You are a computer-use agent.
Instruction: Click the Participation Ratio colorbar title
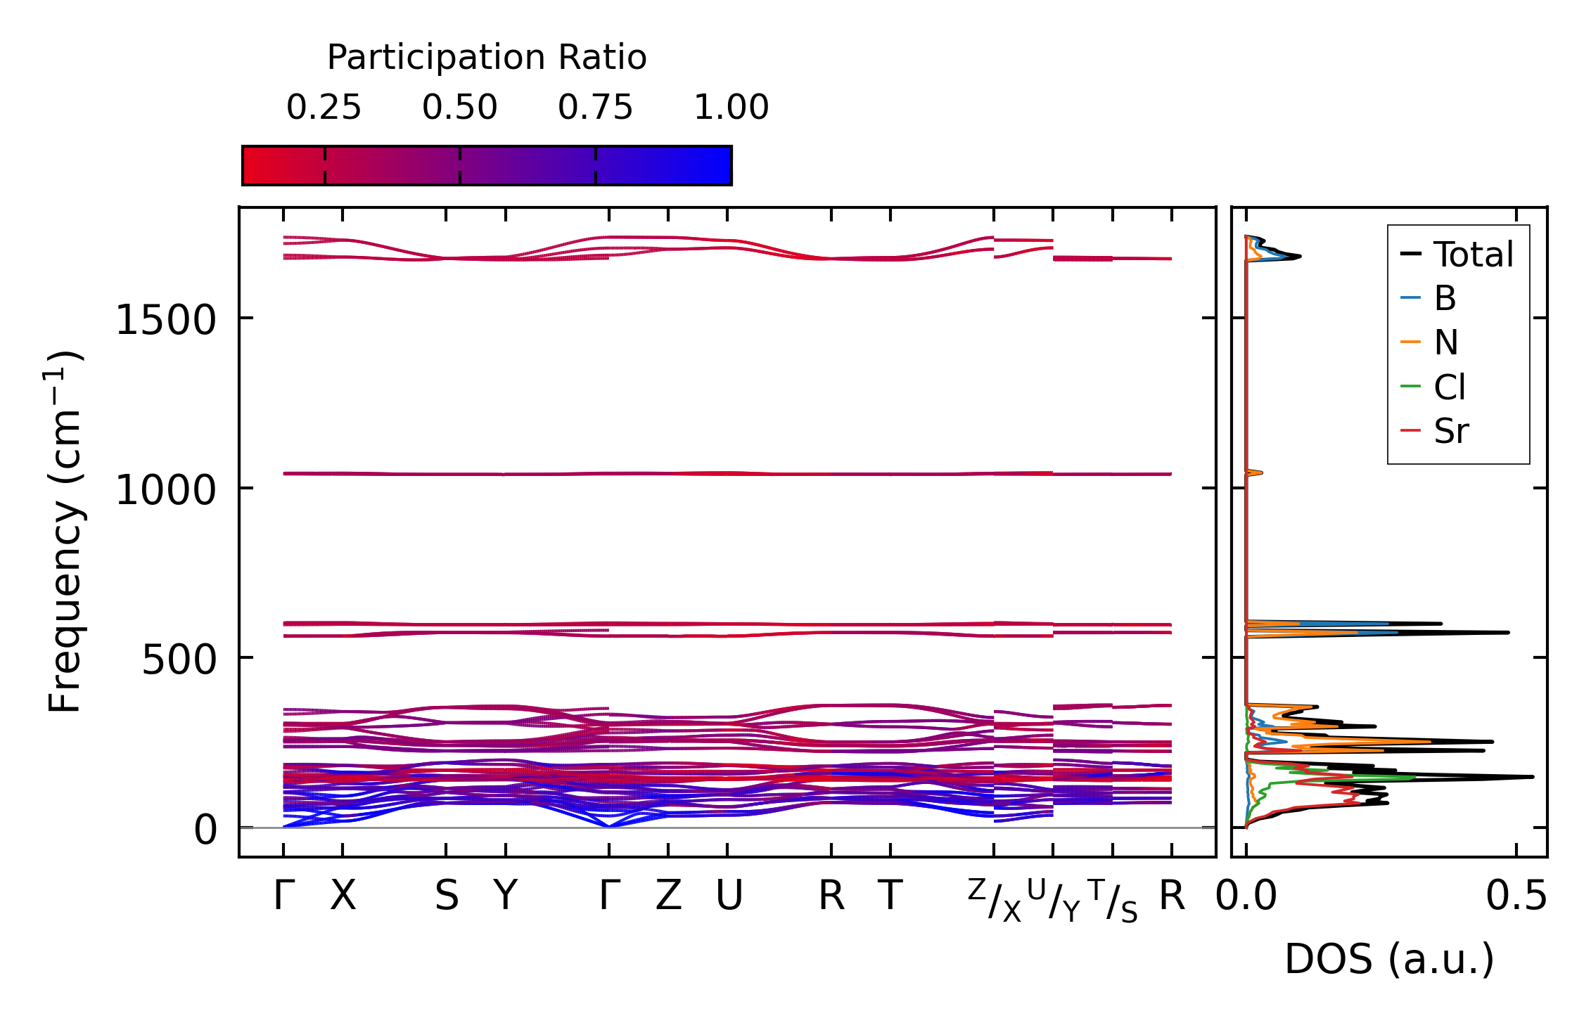click(x=487, y=58)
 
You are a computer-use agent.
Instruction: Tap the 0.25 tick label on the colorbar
click(x=324, y=108)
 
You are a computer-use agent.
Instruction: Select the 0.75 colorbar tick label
click(x=595, y=108)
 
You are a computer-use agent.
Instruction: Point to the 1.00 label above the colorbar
click(x=731, y=108)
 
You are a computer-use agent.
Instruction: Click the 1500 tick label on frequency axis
click(x=165, y=321)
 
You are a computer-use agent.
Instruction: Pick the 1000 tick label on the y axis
click(x=165, y=490)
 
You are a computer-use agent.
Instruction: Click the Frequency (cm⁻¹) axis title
click(x=65, y=532)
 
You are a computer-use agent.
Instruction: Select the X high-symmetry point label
click(x=343, y=896)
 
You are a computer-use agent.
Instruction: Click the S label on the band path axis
click(x=447, y=896)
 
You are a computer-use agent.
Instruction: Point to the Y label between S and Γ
click(x=505, y=896)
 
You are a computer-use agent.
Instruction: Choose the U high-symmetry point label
click(x=729, y=896)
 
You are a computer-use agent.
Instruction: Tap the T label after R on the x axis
click(x=890, y=896)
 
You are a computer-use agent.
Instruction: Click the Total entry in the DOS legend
click(x=1473, y=255)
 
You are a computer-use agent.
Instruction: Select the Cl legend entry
click(x=1450, y=387)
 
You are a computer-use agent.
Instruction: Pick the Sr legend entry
click(x=1451, y=431)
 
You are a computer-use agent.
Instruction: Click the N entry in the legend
click(x=1446, y=343)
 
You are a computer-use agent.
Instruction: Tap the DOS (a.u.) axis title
click(x=1389, y=959)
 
